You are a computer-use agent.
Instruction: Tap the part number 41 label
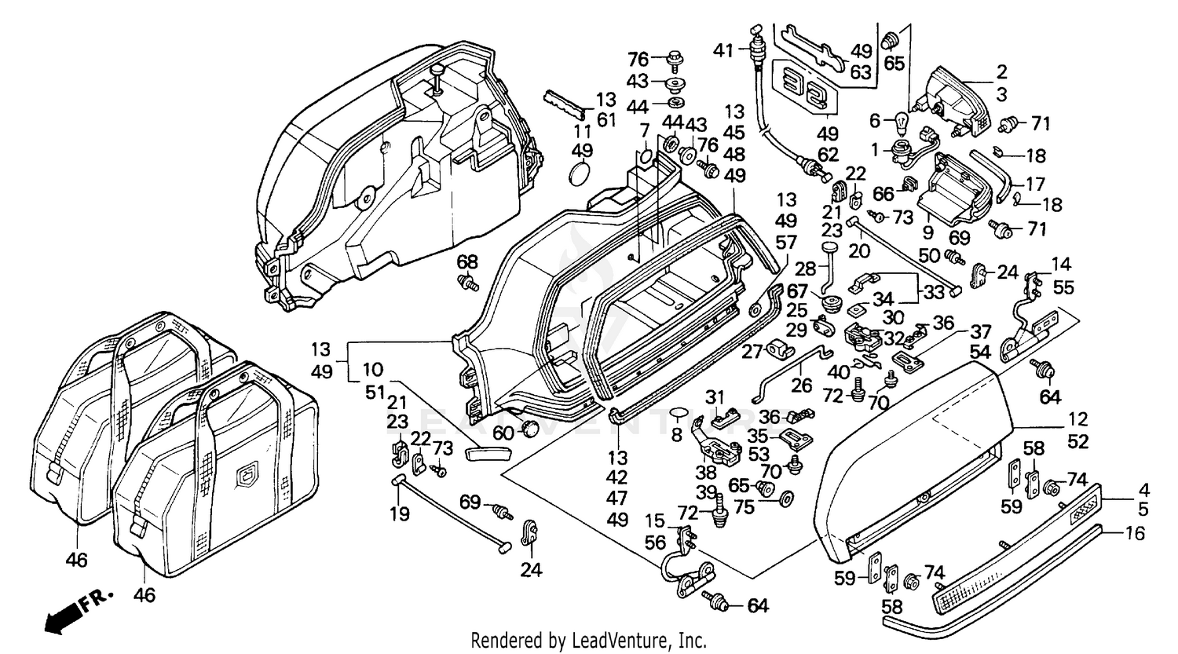[x=723, y=50]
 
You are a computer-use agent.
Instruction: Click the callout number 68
[x=467, y=261]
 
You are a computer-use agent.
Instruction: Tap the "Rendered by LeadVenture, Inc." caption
[x=588, y=641]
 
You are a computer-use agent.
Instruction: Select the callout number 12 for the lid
[x=1078, y=419]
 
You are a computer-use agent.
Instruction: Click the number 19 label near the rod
[x=399, y=515]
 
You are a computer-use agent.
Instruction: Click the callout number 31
[x=713, y=396]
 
